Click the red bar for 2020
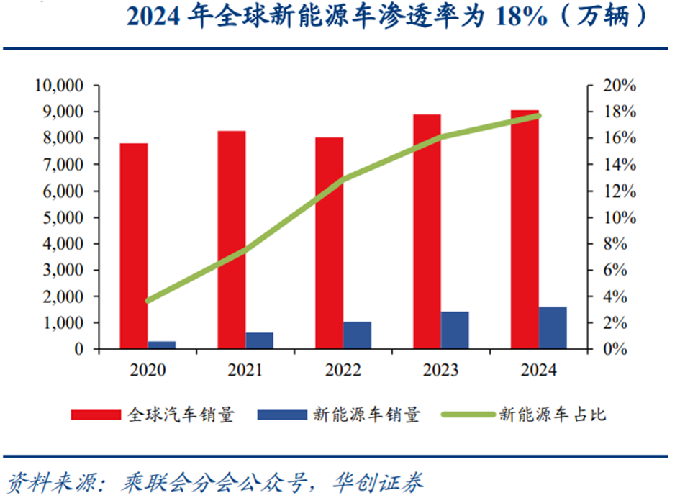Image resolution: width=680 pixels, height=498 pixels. coord(134,246)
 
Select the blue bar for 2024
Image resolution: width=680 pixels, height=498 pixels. coord(553,328)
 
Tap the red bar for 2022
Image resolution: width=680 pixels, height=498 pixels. coord(330,243)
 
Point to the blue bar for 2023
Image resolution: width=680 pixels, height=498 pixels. coord(455,330)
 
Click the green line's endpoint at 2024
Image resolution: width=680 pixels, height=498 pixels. coord(539,115)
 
